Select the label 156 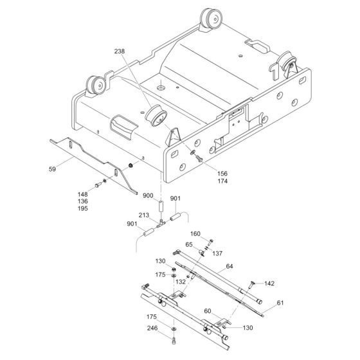click(204, 172)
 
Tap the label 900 click(148, 195)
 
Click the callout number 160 click(195, 233)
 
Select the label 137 click(217, 253)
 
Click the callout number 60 click(207, 310)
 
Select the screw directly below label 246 click(174, 339)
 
